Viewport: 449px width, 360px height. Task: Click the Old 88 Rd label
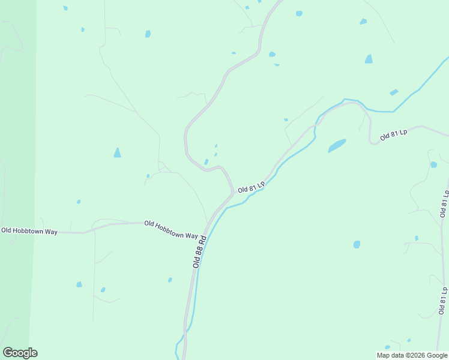pos(200,251)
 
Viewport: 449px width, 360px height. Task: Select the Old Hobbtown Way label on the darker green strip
pos(29,230)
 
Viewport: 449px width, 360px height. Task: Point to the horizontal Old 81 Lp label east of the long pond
pos(394,136)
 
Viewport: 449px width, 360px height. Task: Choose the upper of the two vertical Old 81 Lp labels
pos(444,203)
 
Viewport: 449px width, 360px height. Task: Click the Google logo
pos(20,353)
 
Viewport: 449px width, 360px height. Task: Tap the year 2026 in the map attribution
pos(414,355)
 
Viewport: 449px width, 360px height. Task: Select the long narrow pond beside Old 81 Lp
pos(337,146)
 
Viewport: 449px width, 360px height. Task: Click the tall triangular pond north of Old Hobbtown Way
pos(117,153)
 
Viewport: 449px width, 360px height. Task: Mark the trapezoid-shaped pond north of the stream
pos(368,59)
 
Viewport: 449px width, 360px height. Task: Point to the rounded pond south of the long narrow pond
pos(357,244)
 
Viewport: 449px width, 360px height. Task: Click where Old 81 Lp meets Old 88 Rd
pos(232,194)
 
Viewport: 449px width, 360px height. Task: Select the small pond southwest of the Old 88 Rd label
pos(170,280)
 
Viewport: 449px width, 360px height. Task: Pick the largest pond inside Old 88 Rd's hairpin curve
pos(206,162)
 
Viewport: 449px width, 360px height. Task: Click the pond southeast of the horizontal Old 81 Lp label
pos(433,165)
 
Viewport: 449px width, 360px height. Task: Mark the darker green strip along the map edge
pos(14,180)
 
